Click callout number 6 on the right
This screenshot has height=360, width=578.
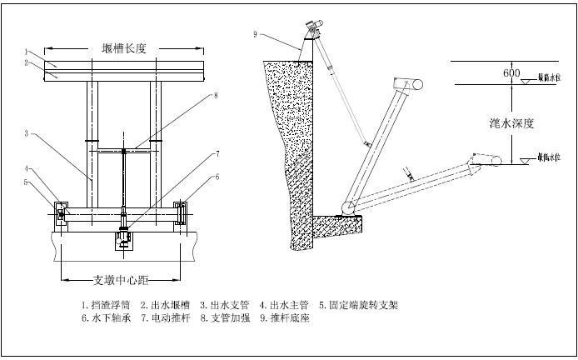217,177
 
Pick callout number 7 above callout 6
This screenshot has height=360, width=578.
217,153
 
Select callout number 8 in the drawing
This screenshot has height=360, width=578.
216,96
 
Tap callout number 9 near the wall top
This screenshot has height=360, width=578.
257,34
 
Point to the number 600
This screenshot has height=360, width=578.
511,73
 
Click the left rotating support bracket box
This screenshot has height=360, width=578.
61,213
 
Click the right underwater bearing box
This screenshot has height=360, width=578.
182,212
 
